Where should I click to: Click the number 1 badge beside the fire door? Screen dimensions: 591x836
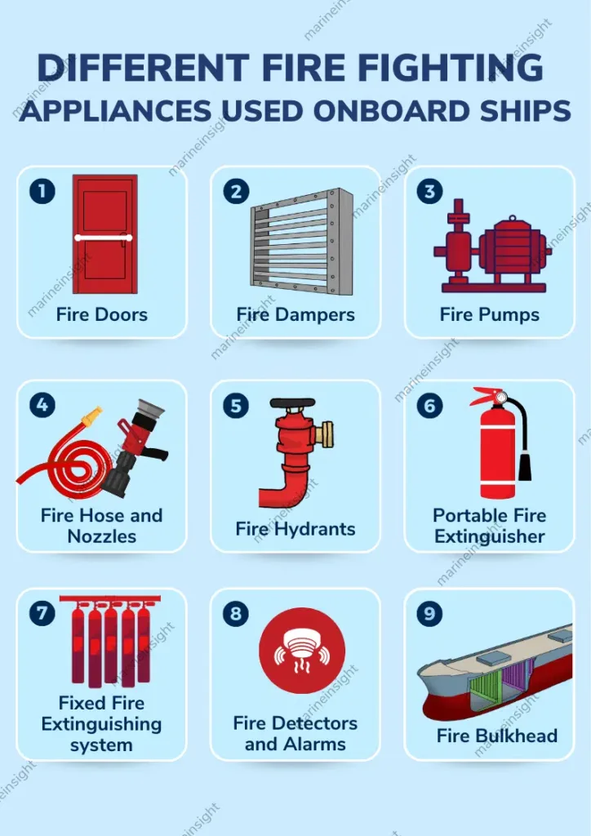42,191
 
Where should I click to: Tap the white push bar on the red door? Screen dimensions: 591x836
104,238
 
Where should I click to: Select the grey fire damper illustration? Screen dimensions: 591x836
302,241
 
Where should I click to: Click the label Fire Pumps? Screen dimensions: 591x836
489,314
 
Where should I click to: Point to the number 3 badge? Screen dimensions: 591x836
429,191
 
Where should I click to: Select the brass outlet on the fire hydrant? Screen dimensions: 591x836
324,433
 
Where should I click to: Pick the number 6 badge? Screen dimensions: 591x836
429,406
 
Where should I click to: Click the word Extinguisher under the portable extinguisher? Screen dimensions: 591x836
489,536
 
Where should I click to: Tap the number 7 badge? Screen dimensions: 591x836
42,613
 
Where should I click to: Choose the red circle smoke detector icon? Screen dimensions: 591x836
302,651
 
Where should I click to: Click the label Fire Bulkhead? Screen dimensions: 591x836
496,736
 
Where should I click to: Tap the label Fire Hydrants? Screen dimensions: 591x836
295,529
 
